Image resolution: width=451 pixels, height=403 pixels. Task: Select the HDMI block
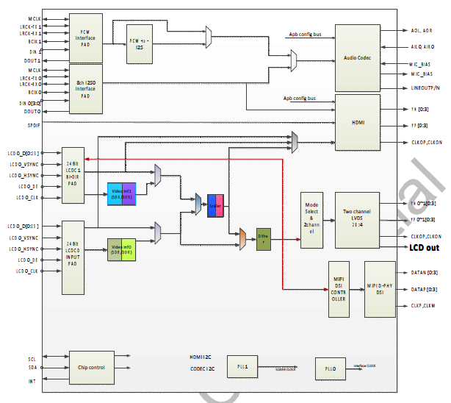358,121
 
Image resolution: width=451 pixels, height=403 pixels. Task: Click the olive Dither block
264,238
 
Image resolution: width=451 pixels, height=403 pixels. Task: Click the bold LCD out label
424,248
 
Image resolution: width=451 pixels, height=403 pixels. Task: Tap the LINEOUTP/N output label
425,88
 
